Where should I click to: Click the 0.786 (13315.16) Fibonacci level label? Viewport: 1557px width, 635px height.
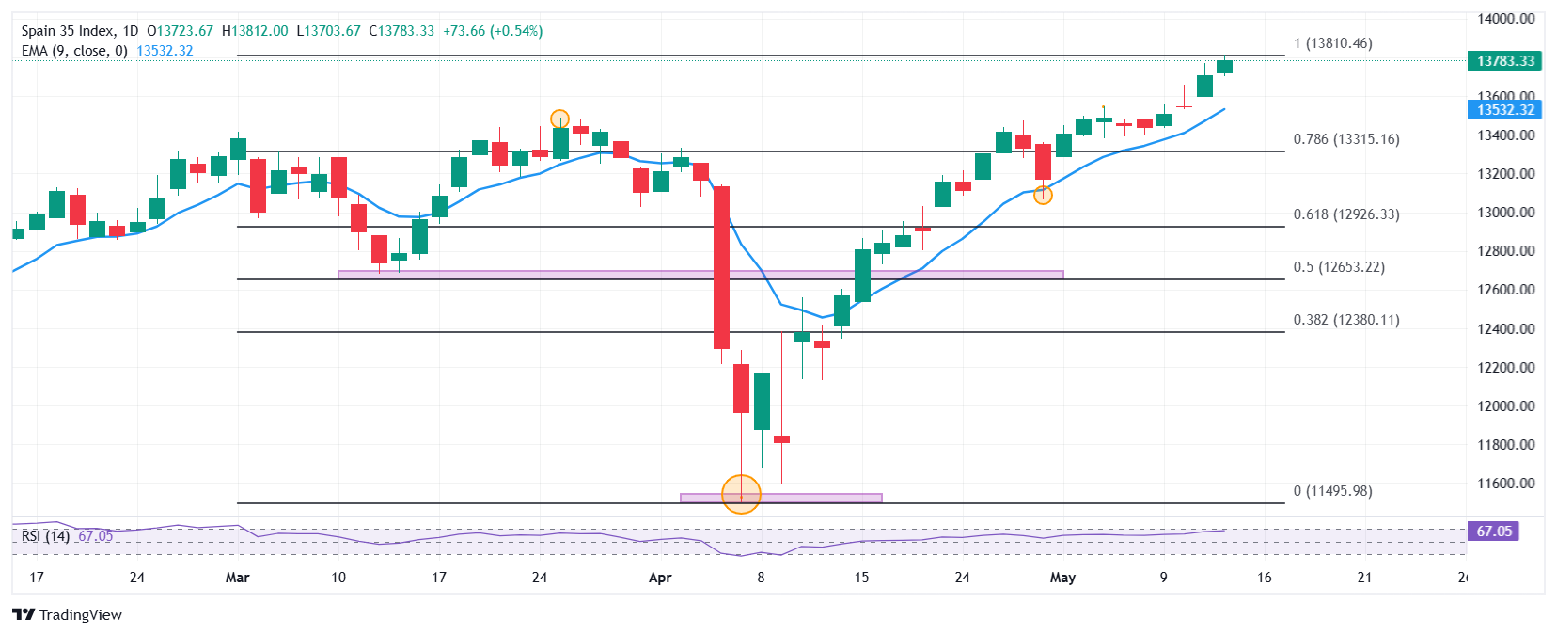tap(1345, 139)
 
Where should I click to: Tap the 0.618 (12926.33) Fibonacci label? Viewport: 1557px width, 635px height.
tap(1345, 214)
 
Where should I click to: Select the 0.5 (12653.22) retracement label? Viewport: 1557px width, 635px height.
tap(1339, 267)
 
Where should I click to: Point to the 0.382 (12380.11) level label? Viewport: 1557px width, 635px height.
tap(1345, 320)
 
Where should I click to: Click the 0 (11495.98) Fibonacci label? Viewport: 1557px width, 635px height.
tap(1332, 491)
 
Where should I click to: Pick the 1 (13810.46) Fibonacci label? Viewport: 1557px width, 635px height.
tap(1332, 43)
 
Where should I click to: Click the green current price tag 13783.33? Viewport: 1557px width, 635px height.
tap(1504, 61)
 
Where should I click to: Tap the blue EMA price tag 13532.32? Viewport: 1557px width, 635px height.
tap(1504, 110)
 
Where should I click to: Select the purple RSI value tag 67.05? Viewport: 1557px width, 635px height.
tap(1493, 532)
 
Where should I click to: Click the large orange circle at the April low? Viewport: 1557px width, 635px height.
tap(741, 494)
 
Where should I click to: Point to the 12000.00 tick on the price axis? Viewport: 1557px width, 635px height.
tap(1505, 406)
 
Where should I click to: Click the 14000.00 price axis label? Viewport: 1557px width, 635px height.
tap(1505, 19)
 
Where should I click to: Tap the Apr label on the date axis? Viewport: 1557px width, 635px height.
tap(660, 578)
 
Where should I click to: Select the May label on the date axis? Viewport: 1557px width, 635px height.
tap(1062, 578)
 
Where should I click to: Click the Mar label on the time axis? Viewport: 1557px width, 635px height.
tap(237, 578)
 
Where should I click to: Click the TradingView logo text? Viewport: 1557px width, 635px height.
tap(80, 615)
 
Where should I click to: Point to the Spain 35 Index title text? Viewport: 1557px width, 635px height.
tap(68, 31)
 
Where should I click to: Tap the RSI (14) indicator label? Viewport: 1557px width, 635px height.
tap(45, 536)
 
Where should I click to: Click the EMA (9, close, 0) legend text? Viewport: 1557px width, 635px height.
tap(74, 51)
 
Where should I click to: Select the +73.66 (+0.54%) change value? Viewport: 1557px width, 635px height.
tap(493, 31)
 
